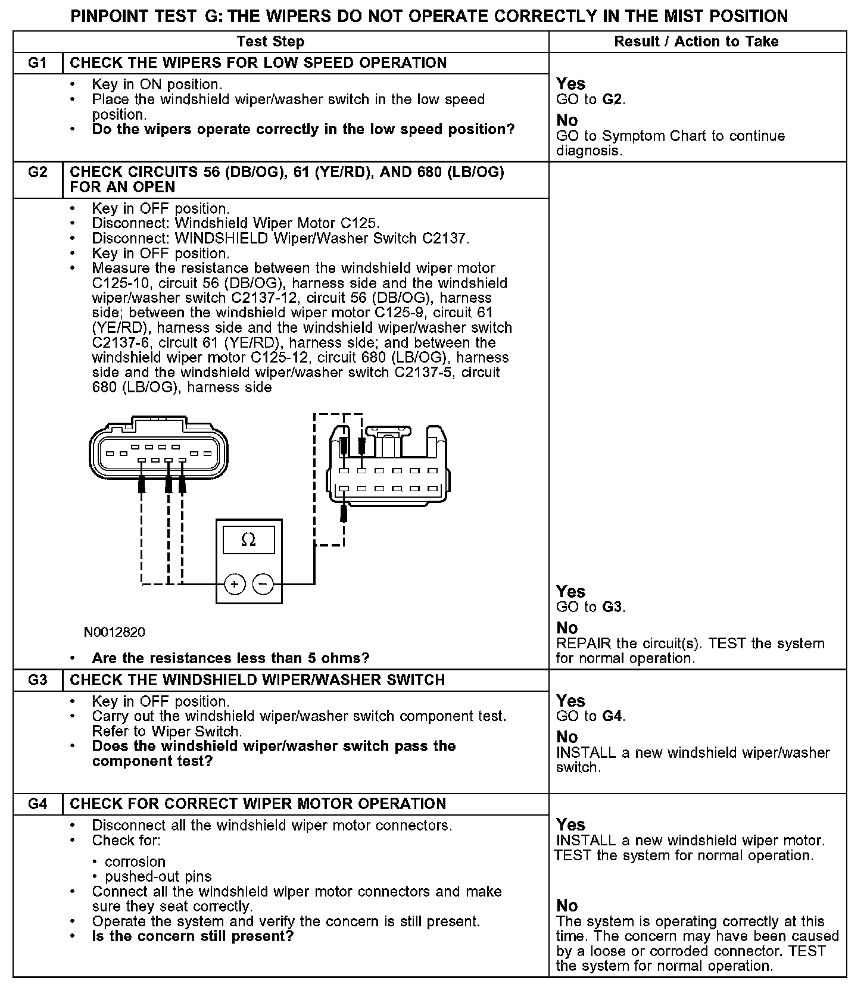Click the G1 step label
tap(38, 63)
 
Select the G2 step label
tap(38, 172)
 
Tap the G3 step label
tap(38, 680)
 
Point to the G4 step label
tap(38, 804)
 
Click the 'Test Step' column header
tap(270, 42)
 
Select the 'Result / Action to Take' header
tap(696, 42)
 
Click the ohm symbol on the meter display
tap(249, 540)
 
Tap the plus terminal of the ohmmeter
tap(235, 584)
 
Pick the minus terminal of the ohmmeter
tap(263, 584)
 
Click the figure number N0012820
tap(114, 632)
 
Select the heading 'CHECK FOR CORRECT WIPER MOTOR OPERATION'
tap(258, 804)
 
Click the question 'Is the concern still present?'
tap(193, 936)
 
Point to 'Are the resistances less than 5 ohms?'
tap(230, 658)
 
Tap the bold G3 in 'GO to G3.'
tap(612, 607)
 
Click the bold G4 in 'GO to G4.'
tap(612, 716)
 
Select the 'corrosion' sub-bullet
tap(135, 862)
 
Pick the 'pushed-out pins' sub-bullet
tap(158, 877)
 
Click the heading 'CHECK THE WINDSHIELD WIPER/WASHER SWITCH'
tap(257, 680)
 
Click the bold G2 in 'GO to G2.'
tap(612, 99)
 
